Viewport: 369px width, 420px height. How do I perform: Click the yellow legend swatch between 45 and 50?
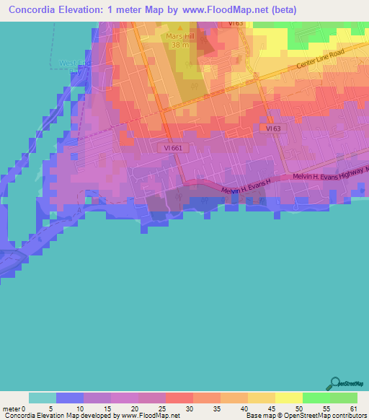[288, 398]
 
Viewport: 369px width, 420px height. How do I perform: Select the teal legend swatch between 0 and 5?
[43, 398]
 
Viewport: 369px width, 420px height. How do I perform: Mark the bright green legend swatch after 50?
[316, 398]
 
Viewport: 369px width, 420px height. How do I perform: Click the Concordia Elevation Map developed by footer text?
[61, 416]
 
